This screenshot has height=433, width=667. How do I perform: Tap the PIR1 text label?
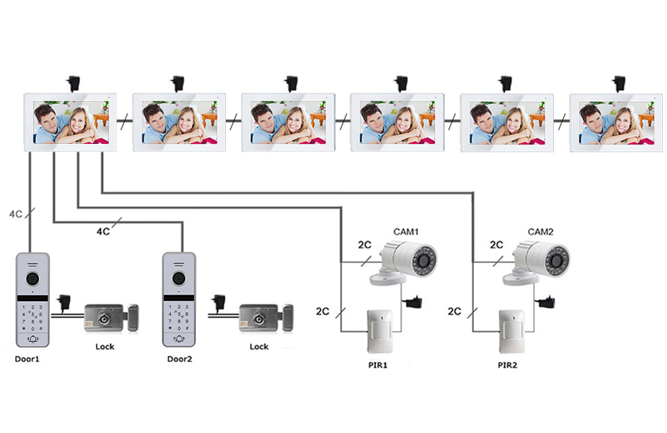377,365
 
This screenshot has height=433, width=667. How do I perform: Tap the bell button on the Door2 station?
179,338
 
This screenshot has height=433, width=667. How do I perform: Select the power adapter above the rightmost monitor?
618,83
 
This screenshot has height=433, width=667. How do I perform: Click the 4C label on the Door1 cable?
15,214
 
